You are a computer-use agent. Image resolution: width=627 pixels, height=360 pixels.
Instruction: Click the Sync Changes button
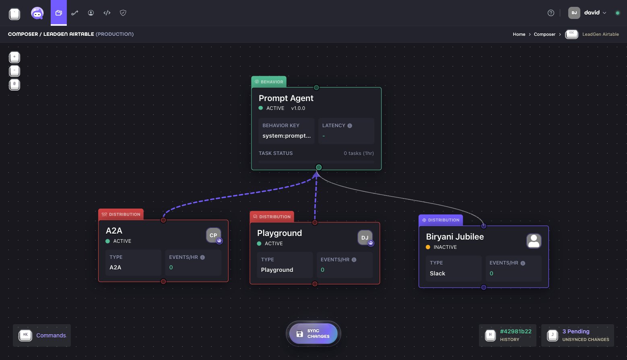(313, 333)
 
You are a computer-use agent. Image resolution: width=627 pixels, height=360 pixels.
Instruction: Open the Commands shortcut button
(42, 335)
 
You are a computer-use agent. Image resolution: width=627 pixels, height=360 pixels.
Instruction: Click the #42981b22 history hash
(516, 331)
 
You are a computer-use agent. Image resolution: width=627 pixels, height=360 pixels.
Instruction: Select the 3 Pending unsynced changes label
(576, 331)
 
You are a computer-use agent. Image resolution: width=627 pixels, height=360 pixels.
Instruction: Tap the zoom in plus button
(14, 57)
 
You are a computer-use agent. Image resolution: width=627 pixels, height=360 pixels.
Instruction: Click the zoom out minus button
(14, 71)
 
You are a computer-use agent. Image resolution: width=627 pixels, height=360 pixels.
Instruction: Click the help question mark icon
(551, 13)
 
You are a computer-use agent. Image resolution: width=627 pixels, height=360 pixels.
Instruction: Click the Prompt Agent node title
(286, 98)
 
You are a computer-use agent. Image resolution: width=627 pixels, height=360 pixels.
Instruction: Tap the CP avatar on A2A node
(214, 235)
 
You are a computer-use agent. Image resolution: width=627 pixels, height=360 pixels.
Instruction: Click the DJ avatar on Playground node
(365, 238)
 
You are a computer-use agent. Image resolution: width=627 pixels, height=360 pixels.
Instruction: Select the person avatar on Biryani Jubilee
(534, 241)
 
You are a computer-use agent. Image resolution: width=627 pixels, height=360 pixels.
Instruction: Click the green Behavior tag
(269, 82)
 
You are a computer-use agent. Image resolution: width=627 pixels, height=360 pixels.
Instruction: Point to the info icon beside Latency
(350, 126)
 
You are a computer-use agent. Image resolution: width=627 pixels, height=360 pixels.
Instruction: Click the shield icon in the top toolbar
(123, 12)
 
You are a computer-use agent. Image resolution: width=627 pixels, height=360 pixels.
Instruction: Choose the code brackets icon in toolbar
(107, 12)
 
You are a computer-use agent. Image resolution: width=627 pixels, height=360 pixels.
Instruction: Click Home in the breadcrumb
(519, 34)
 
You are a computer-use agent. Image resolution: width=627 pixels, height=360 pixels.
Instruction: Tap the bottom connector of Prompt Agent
(319, 167)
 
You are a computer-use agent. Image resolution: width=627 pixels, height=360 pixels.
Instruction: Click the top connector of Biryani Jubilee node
(483, 226)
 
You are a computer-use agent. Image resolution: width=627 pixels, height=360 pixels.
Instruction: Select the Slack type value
(437, 273)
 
